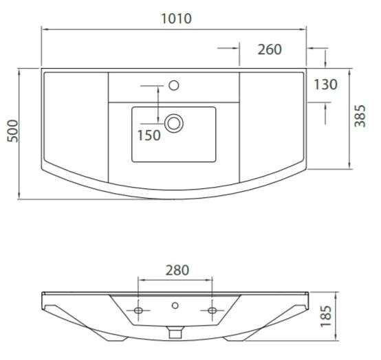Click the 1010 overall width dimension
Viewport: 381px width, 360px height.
tap(177, 19)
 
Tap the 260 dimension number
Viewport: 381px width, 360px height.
tap(270, 49)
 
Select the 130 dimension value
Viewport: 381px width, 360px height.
tap(325, 85)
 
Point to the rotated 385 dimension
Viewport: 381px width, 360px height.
tap(360, 116)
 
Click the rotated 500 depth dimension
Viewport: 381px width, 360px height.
tap(13, 131)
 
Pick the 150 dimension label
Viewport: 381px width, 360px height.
tap(149, 135)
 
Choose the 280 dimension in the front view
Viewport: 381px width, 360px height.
tap(177, 270)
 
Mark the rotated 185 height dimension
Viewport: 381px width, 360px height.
tap(326, 317)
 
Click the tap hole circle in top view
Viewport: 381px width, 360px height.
tap(174, 85)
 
